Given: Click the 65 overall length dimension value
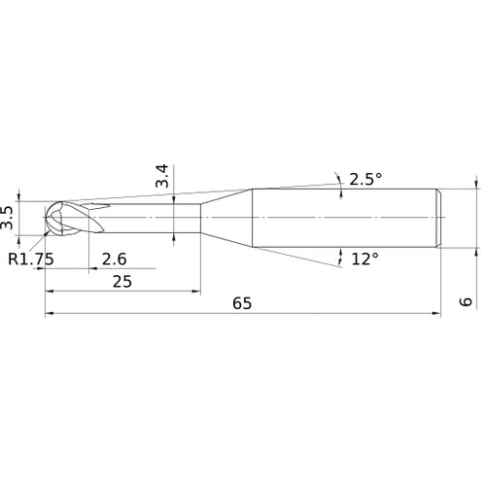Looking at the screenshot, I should (242, 303).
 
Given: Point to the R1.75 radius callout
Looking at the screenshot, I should (30, 258).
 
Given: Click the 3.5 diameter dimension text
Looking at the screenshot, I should (9, 217).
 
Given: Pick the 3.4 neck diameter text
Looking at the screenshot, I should (162, 176).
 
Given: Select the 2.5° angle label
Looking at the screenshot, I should (365, 179).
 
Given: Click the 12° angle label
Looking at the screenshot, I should (364, 259).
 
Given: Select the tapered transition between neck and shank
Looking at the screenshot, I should (226, 216).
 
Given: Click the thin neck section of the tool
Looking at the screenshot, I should (146, 216).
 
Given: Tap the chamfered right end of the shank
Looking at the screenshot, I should (440, 216).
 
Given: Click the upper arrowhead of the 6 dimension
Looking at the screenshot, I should (476, 183).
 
